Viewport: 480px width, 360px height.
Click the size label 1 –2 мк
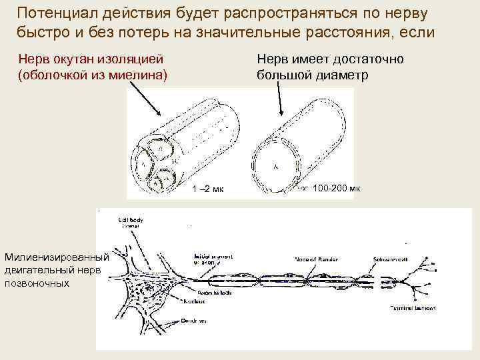tap(207, 189)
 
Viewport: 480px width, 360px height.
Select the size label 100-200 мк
tap(336, 189)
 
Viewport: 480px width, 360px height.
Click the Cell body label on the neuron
tap(130, 219)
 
